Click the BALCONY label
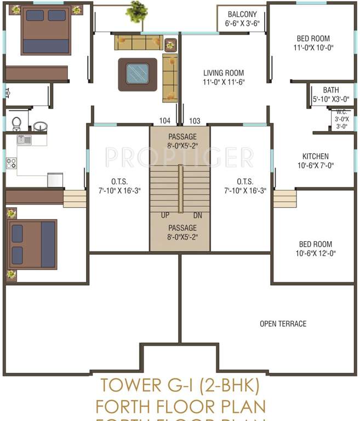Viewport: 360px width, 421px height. pos(241,14)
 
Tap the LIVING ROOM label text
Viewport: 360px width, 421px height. pos(224,73)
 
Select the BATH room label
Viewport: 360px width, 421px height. pos(331,90)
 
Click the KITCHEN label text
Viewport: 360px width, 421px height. pos(316,156)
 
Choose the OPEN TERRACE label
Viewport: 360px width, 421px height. pos(283,324)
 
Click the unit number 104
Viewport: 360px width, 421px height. pos(164,121)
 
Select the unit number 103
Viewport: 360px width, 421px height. pos(195,121)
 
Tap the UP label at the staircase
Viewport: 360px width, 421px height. pos(165,215)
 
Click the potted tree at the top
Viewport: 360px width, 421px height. pos(136,11)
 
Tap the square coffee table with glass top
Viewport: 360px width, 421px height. pos(137,73)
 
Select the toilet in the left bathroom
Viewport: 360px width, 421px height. pos(16,123)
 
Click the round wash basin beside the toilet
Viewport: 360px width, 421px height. pos(40,127)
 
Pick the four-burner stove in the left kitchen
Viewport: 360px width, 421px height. pos(11,163)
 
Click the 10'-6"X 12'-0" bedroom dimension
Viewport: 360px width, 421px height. pos(315,253)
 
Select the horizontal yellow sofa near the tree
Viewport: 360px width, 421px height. pos(139,42)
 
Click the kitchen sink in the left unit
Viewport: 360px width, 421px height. pos(24,140)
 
